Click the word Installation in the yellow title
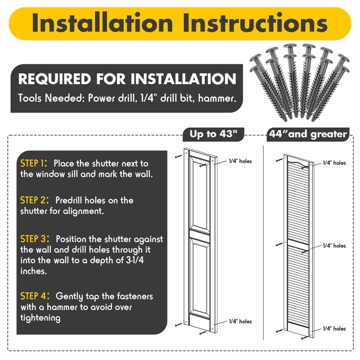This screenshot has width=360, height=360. [x=103, y=23]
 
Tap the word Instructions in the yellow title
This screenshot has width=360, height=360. [x=255, y=23]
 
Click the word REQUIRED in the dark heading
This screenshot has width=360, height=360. [x=54, y=79]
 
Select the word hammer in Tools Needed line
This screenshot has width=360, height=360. [x=217, y=98]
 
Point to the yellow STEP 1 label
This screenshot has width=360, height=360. [x=33, y=163]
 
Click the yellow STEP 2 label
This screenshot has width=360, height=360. [x=35, y=200]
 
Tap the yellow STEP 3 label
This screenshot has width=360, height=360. [x=35, y=239]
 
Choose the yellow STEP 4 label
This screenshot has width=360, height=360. [x=35, y=296]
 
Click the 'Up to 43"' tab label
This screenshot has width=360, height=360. [x=213, y=134]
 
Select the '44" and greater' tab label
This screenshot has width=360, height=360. [x=308, y=134]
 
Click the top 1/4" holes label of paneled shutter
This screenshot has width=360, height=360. [x=240, y=161]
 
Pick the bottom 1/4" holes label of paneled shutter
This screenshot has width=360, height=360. [x=240, y=321]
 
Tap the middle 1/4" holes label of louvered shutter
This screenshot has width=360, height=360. [x=334, y=246]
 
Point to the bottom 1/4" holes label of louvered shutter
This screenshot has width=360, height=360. [x=334, y=328]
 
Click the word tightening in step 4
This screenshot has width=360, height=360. [x=40, y=318]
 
